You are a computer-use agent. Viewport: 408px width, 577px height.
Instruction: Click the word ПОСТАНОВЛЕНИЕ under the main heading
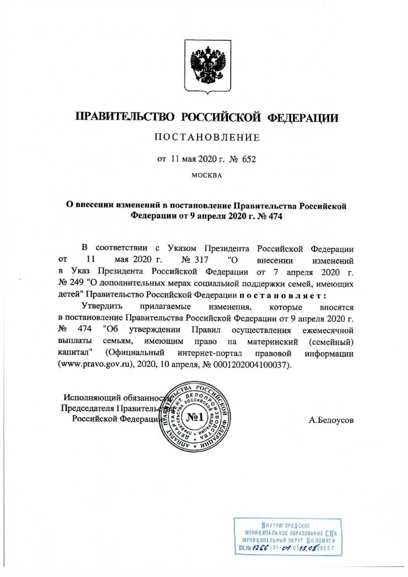click(207, 138)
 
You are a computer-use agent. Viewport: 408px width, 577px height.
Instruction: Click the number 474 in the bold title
click(274, 216)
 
